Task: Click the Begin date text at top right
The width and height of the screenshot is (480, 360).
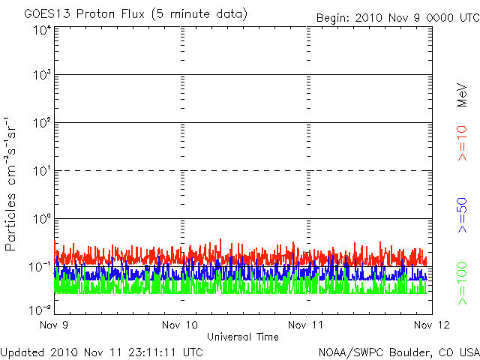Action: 398,18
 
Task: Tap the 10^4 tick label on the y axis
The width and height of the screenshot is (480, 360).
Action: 42,31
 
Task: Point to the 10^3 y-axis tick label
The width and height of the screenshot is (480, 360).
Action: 42,75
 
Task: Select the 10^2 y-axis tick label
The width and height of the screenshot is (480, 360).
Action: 42,123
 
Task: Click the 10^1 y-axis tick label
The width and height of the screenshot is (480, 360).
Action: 42,171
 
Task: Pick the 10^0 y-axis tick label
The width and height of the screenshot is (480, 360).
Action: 42,219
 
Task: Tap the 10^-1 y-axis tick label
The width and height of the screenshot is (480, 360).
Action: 40,267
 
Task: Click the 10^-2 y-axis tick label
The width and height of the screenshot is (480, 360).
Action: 40,310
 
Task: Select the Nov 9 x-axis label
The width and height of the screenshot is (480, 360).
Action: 54,325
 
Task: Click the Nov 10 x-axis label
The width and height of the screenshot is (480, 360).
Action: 180,325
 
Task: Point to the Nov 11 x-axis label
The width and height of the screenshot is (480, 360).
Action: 305,325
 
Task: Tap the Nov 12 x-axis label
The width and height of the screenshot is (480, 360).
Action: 432,325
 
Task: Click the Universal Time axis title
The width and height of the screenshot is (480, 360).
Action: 243,337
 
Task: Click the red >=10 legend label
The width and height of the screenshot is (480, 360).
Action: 462,143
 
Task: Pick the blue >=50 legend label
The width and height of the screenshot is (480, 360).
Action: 462,215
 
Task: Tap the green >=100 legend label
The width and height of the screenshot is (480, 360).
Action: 462,283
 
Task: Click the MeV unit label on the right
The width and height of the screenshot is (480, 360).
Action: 462,95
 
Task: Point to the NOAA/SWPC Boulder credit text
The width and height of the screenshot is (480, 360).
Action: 399,352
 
